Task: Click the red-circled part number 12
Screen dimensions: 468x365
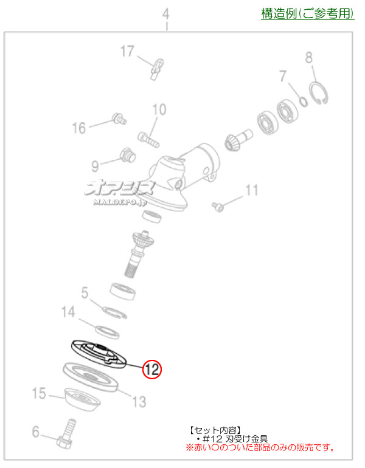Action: point(151,368)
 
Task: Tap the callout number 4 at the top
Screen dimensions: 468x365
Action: point(165,13)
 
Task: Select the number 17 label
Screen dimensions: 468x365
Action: point(126,52)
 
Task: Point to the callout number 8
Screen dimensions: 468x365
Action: point(308,58)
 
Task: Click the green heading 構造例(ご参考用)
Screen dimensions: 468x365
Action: point(307,13)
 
